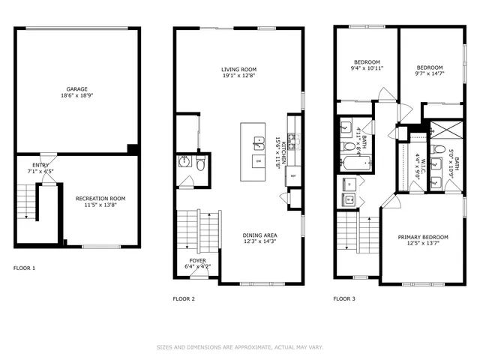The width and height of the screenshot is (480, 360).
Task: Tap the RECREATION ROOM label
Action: click(x=100, y=199)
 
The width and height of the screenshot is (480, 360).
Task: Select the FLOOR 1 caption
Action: click(x=24, y=268)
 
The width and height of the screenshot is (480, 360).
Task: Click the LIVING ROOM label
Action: click(x=239, y=69)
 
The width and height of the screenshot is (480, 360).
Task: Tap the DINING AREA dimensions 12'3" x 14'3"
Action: click(x=239, y=241)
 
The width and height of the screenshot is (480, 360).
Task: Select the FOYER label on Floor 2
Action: click(x=197, y=260)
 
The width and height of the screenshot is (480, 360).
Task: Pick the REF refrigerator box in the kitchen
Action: click(x=293, y=175)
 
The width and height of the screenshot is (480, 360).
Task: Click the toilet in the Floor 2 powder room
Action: click(x=200, y=163)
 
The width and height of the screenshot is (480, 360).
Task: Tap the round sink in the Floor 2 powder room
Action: click(x=184, y=163)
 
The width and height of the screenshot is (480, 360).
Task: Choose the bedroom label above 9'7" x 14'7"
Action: click(x=430, y=67)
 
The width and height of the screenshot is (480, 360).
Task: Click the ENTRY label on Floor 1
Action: click(x=40, y=165)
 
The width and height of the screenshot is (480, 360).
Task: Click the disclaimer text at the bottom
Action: click(x=239, y=347)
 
